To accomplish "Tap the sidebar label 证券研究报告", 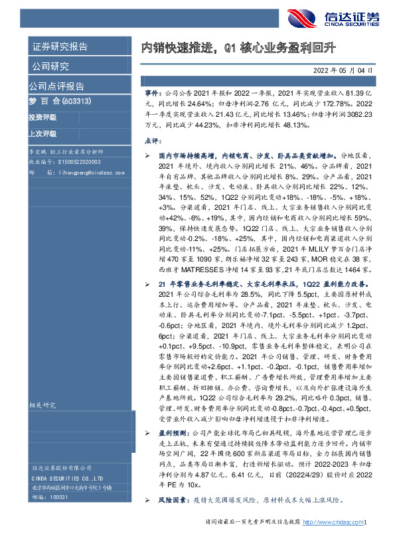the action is [x=60, y=46].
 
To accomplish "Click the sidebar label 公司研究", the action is [x=50, y=66].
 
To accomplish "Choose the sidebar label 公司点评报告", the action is [x=57, y=86].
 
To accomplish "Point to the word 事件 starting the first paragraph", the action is [x=152, y=95].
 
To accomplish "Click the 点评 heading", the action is [x=152, y=141].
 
